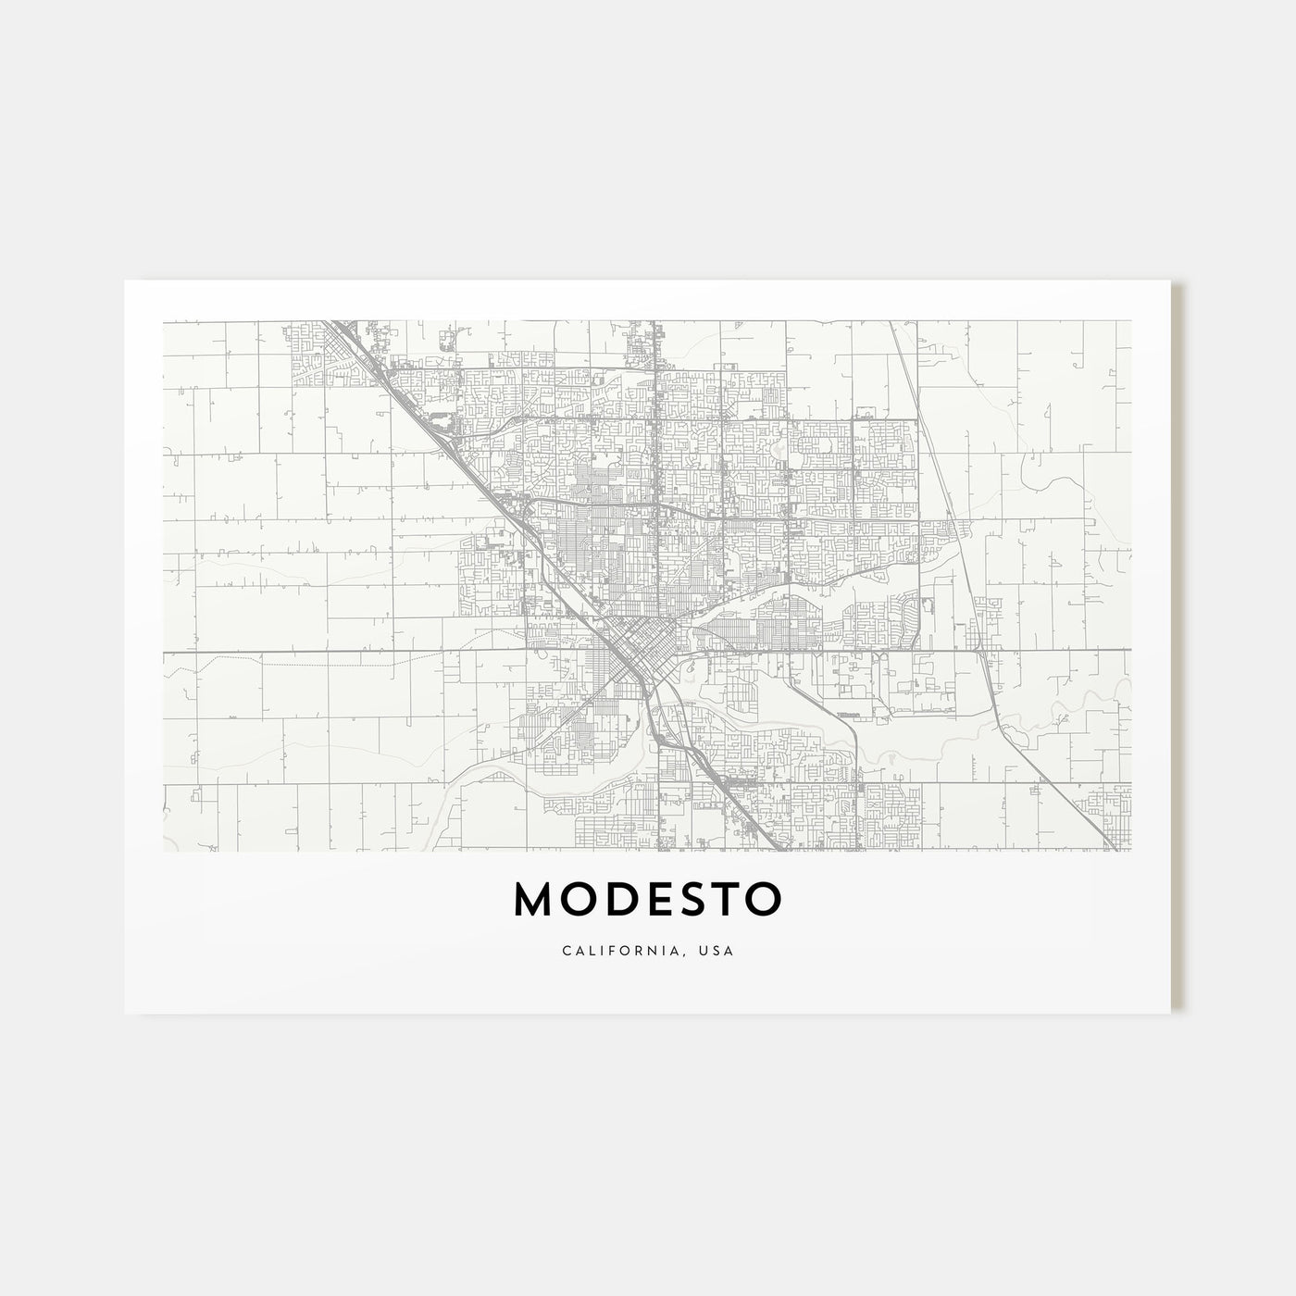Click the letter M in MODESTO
tap(535, 898)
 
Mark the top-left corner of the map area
tap(164, 321)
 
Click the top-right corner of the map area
tap(1131, 321)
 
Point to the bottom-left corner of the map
tap(164, 851)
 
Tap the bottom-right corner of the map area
tap(1131, 851)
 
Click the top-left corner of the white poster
tap(125, 280)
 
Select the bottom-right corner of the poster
tap(1172, 1013)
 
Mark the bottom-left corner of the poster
tap(125, 1013)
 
